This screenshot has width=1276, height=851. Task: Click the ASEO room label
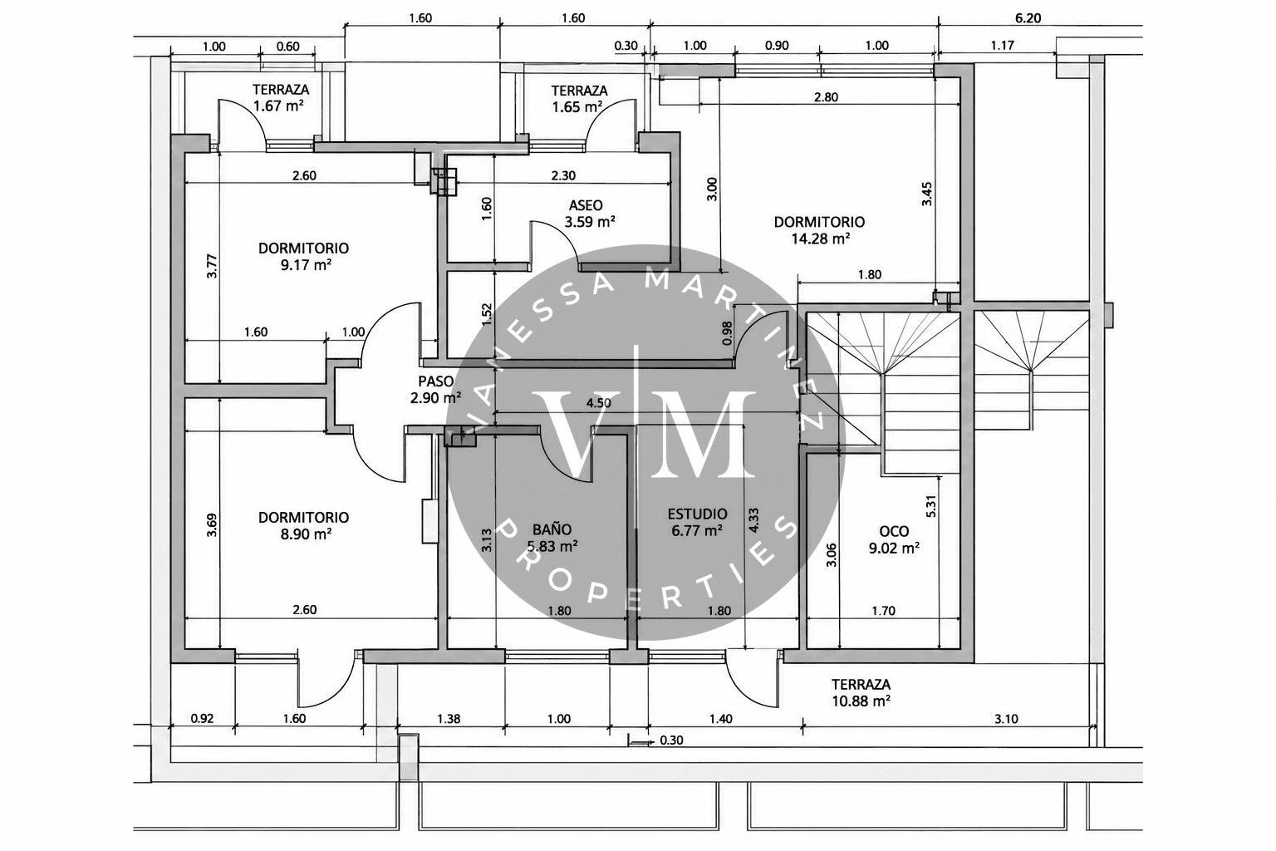click(x=586, y=205)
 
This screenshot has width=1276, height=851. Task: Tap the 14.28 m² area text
click(x=820, y=239)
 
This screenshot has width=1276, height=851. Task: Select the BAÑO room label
click(x=552, y=530)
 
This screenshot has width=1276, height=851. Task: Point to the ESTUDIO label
click(x=697, y=514)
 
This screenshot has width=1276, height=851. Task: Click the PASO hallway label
click(x=436, y=381)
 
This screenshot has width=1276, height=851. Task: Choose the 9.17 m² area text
click(x=306, y=265)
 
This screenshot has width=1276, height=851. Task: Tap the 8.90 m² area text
click(x=306, y=534)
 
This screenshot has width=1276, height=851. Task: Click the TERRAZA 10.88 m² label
click(x=861, y=692)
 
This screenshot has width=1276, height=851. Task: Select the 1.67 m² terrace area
click(x=278, y=106)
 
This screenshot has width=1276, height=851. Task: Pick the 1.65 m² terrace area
click(x=577, y=106)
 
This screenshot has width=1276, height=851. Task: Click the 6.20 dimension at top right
click(x=1028, y=18)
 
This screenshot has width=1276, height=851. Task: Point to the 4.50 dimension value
click(x=599, y=403)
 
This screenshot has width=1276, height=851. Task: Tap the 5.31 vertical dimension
click(x=932, y=506)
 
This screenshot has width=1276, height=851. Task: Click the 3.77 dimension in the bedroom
click(x=212, y=266)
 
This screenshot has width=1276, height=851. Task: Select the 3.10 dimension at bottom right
click(x=1007, y=719)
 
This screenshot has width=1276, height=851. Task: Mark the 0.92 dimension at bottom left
click(x=202, y=718)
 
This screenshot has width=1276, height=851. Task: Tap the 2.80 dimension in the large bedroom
click(x=826, y=97)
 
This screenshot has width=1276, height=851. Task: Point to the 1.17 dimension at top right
click(x=1002, y=45)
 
